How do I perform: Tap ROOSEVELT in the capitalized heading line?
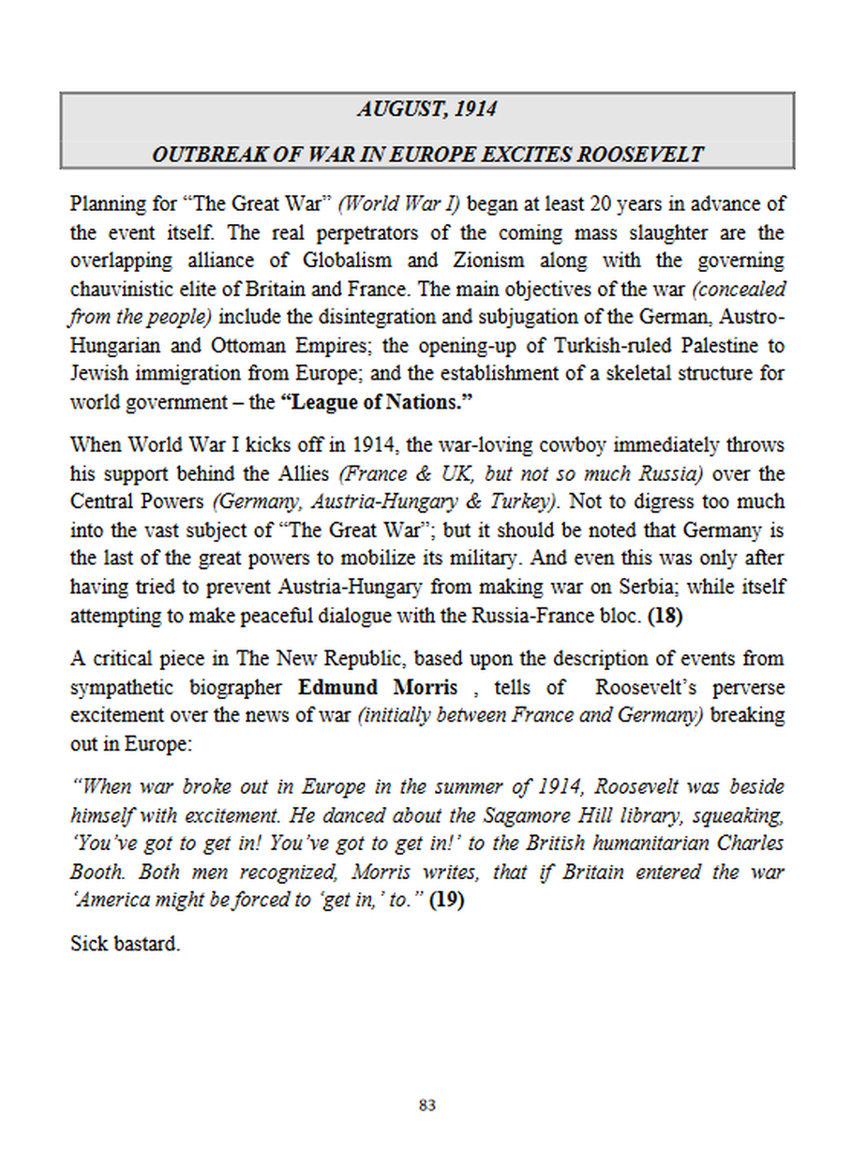pos(641,155)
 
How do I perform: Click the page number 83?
pos(426,1106)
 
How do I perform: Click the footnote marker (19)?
pos(446,902)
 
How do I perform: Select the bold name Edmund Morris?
pos(378,688)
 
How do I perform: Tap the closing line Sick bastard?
pos(125,944)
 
